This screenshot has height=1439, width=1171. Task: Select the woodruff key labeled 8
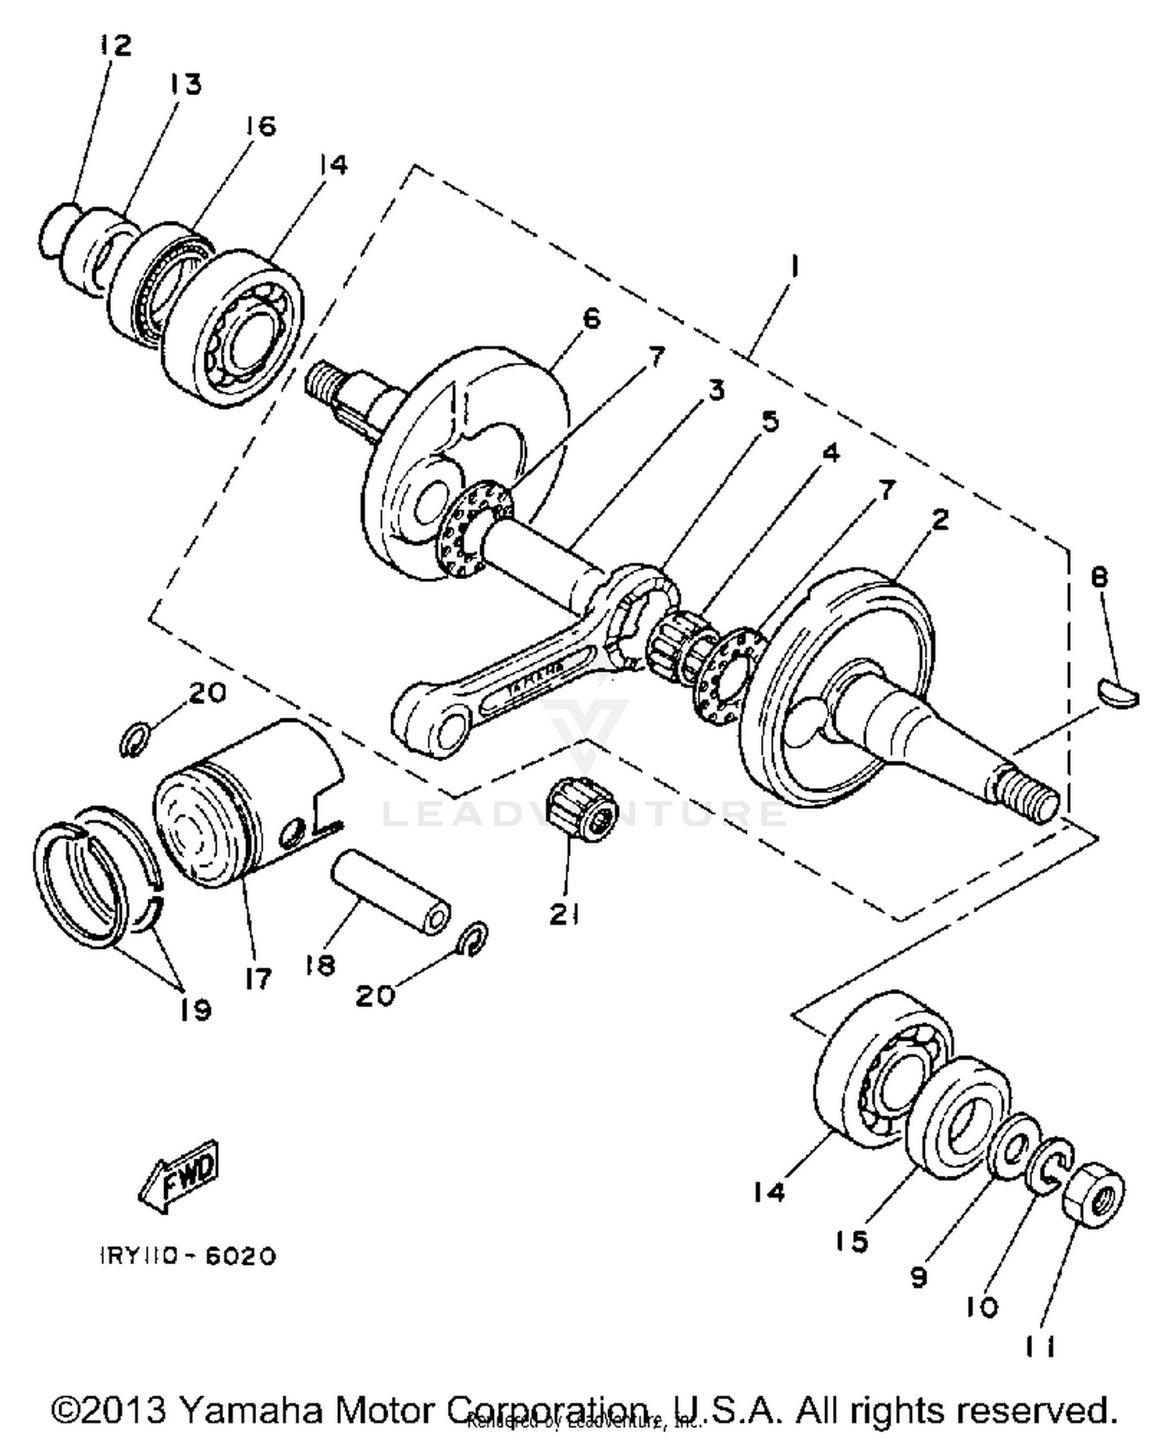pyautogui.click(x=1119, y=694)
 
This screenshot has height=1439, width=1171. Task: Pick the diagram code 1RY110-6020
pyautogui.click(x=188, y=1256)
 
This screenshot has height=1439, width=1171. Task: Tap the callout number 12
pyautogui.click(x=115, y=45)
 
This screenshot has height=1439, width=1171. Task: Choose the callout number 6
pyautogui.click(x=591, y=318)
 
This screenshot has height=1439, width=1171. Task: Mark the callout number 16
pyautogui.click(x=261, y=125)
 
